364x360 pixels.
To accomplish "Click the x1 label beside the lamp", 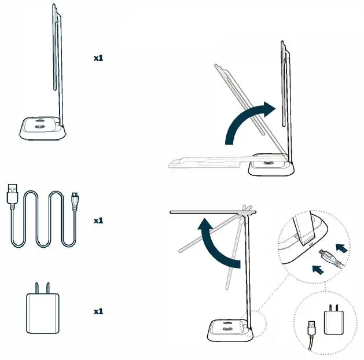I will point(98,58).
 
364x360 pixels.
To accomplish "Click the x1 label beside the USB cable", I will point(98,221).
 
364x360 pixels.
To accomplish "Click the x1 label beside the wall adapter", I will point(98,311).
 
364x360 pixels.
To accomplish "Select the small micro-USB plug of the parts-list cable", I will point(75,199).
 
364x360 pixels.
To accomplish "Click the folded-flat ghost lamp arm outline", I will point(203,160).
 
